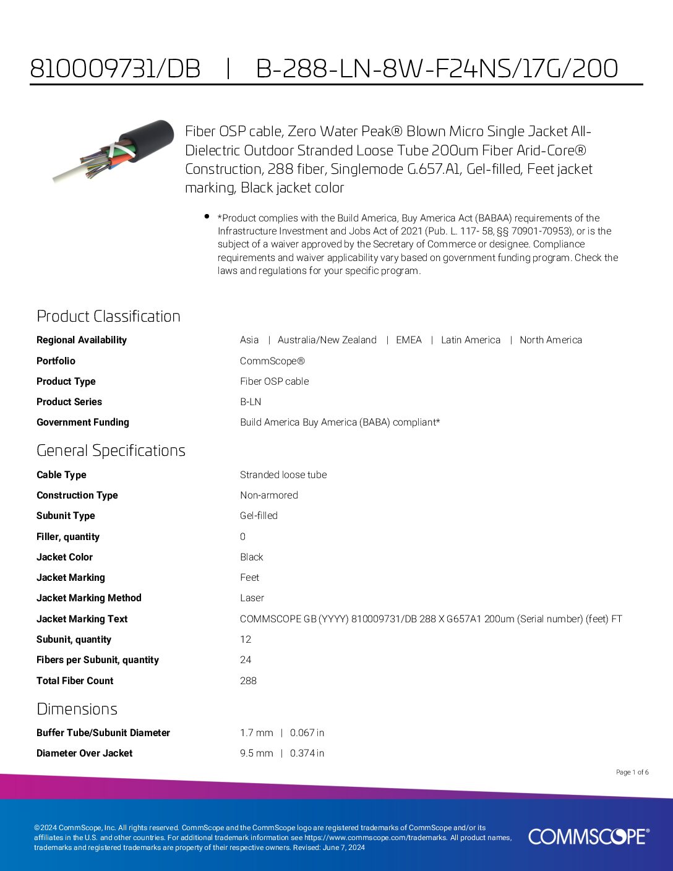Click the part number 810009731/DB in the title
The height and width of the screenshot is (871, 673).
tap(115, 69)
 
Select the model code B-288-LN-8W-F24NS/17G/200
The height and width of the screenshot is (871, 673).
tap(437, 69)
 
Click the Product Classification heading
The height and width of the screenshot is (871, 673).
tap(108, 316)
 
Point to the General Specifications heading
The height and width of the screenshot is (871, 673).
tap(111, 450)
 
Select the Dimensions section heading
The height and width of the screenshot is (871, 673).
tap(77, 709)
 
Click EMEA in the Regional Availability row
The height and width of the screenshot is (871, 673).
tap(409, 340)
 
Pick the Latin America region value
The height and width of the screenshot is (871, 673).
tap(470, 340)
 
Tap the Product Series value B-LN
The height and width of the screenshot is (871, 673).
tap(251, 402)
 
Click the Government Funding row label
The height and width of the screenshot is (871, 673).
tap(83, 423)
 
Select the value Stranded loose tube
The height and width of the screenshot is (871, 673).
tap(283, 475)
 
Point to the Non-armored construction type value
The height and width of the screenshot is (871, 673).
tap(269, 496)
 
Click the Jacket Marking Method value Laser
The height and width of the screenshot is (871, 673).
tap(252, 598)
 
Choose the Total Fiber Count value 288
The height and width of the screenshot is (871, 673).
tap(248, 681)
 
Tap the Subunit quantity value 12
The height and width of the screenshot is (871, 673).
tap(246, 640)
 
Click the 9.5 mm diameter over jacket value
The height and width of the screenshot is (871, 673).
tap(257, 753)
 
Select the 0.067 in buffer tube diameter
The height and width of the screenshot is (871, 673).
tap(307, 733)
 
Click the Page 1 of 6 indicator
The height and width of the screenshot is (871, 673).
tap(632, 773)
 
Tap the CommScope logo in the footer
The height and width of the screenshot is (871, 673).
tap(588, 836)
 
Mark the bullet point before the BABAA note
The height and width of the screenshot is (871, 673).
tap(207, 216)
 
